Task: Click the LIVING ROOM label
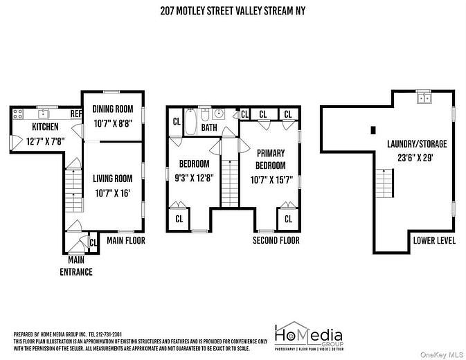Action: (112, 178)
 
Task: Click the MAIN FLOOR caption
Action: (125, 240)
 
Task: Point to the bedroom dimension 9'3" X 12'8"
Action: (195, 177)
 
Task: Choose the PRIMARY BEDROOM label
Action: (271, 159)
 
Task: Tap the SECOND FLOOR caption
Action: (276, 240)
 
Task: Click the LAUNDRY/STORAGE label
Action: (417, 144)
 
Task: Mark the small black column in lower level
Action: (373, 129)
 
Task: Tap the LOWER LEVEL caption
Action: (435, 240)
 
